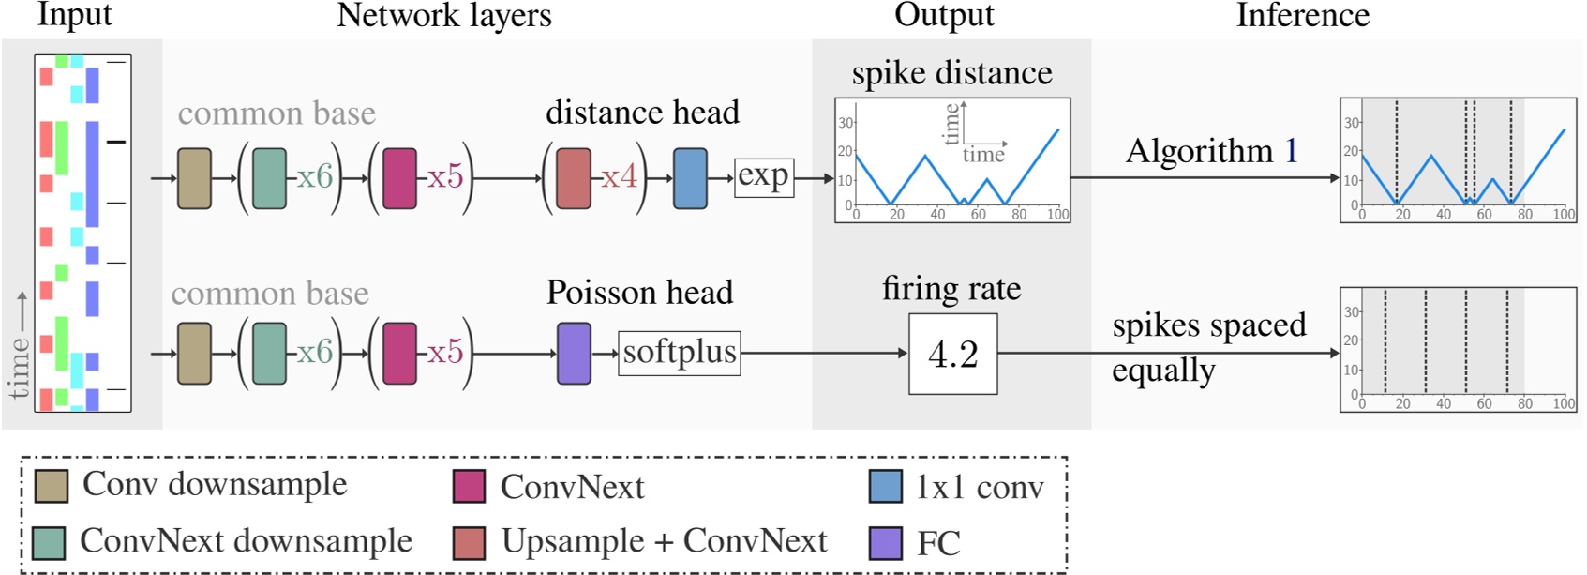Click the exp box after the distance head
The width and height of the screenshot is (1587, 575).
763,177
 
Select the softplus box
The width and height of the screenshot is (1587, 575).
680,353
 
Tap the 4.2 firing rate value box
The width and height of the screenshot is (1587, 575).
952,354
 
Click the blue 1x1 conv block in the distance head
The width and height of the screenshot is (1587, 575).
690,177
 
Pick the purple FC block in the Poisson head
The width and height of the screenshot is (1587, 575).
574,354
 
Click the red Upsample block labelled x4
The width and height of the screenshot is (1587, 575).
574,177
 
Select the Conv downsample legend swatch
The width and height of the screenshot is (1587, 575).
51,486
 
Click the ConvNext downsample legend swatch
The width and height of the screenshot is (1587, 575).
49,542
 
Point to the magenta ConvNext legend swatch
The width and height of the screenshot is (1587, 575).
469,486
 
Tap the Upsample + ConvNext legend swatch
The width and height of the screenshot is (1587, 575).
469,542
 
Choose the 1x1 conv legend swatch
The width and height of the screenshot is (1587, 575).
886,486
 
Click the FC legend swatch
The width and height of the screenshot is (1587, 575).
886,542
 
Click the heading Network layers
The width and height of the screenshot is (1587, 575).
444,15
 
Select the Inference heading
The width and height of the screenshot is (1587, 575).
1302,15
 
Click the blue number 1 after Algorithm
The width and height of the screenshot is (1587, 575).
1291,151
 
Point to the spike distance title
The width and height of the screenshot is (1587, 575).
951,73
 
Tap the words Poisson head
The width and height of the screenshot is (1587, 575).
639,293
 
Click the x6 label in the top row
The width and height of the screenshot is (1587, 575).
315,176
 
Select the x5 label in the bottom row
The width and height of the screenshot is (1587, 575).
445,353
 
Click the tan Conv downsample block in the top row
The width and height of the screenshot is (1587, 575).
194,177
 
